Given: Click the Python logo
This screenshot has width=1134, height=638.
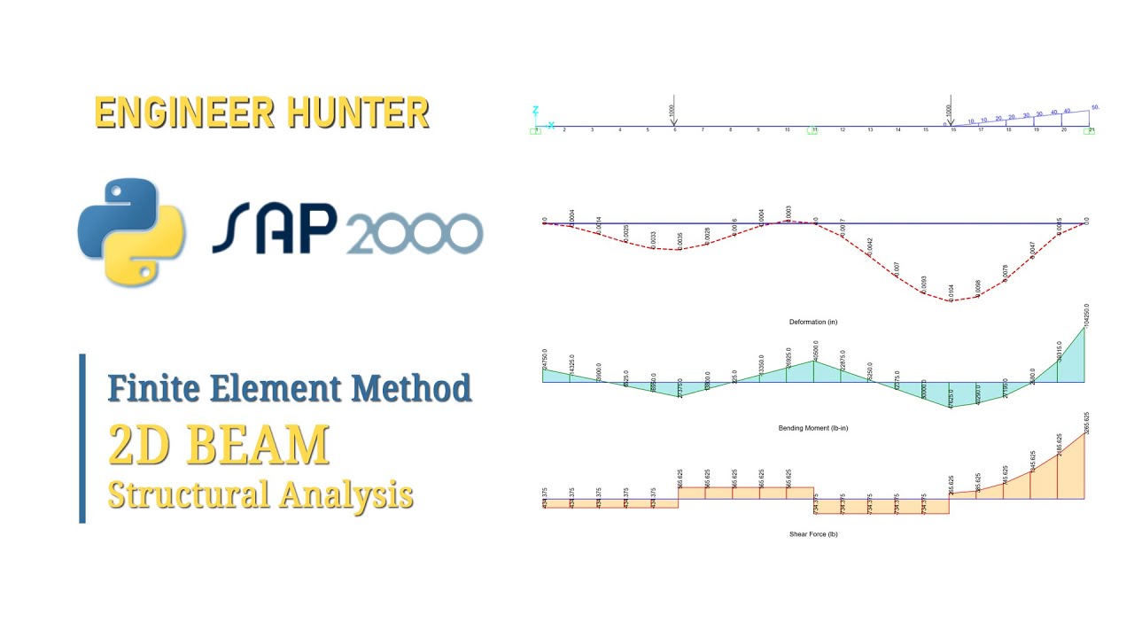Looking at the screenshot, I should click(x=131, y=232).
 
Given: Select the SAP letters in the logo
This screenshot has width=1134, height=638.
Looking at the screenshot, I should click(x=275, y=230).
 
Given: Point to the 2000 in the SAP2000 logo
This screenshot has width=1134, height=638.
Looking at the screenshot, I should click(x=415, y=234).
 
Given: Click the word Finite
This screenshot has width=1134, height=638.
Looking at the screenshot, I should click(x=155, y=387).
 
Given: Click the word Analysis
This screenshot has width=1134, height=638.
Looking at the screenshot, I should click(x=346, y=494).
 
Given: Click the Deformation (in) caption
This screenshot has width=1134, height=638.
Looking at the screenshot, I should click(x=813, y=322).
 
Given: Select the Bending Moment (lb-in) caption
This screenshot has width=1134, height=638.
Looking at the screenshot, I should click(x=813, y=428).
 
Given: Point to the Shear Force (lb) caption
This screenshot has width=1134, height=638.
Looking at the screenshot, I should click(x=813, y=534).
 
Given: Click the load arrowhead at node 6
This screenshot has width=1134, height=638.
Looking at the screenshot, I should click(x=674, y=122).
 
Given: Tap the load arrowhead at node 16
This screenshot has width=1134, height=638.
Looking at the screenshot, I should click(x=950, y=122).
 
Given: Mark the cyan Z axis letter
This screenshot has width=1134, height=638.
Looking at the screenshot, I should click(x=535, y=111).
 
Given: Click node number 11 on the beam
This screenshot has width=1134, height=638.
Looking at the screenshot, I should click(x=814, y=130).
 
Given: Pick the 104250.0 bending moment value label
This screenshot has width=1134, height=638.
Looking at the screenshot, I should click(x=1086, y=315).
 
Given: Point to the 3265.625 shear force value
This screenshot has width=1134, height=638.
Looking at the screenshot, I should click(x=1086, y=422).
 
